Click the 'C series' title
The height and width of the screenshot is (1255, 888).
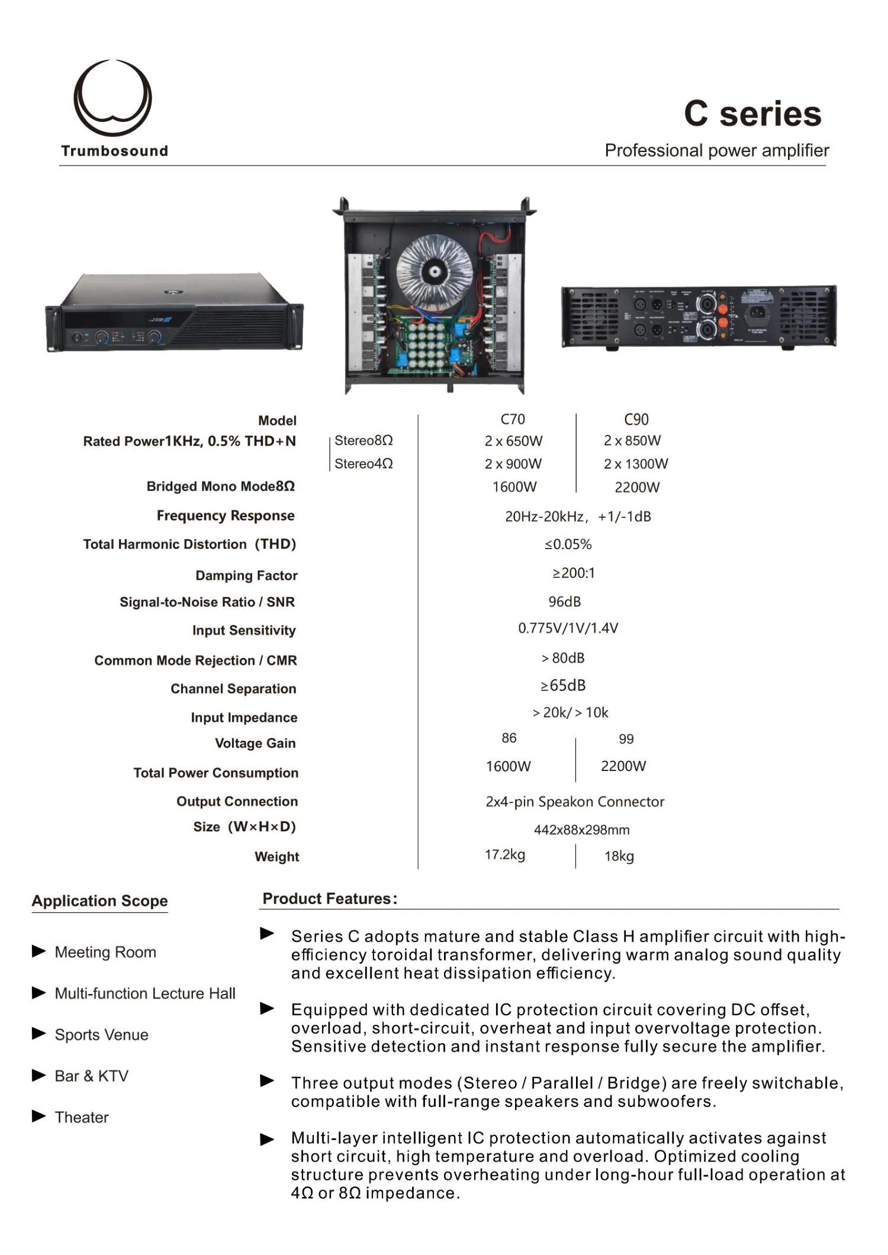tap(752, 114)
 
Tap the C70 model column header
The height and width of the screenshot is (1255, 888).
tap(513, 420)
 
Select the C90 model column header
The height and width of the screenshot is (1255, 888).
tap(636, 420)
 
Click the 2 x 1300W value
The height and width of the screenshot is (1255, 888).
tap(636, 464)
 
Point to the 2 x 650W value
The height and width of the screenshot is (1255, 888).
tap(513, 441)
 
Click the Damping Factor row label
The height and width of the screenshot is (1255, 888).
tap(246, 576)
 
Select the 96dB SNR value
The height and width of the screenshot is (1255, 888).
tap(565, 602)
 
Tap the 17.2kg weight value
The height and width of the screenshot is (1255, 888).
tap(505, 855)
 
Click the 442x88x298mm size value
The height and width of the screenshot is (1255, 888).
tap(582, 830)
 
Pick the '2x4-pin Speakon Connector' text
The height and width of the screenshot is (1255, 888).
tap(575, 802)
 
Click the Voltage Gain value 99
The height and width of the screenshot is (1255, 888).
tap(626, 739)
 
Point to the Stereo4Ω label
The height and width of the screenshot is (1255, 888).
tap(363, 464)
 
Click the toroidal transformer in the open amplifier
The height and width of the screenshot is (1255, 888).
tap(435, 272)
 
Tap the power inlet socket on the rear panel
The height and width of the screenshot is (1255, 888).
tap(756, 313)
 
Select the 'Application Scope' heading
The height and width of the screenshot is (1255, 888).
tap(99, 901)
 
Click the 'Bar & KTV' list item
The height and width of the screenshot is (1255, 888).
tap(92, 1076)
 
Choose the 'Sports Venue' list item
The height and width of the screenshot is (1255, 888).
tap(102, 1035)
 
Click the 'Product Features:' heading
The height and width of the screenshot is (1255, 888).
tap(330, 899)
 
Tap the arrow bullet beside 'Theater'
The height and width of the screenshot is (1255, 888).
tap(39, 1117)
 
